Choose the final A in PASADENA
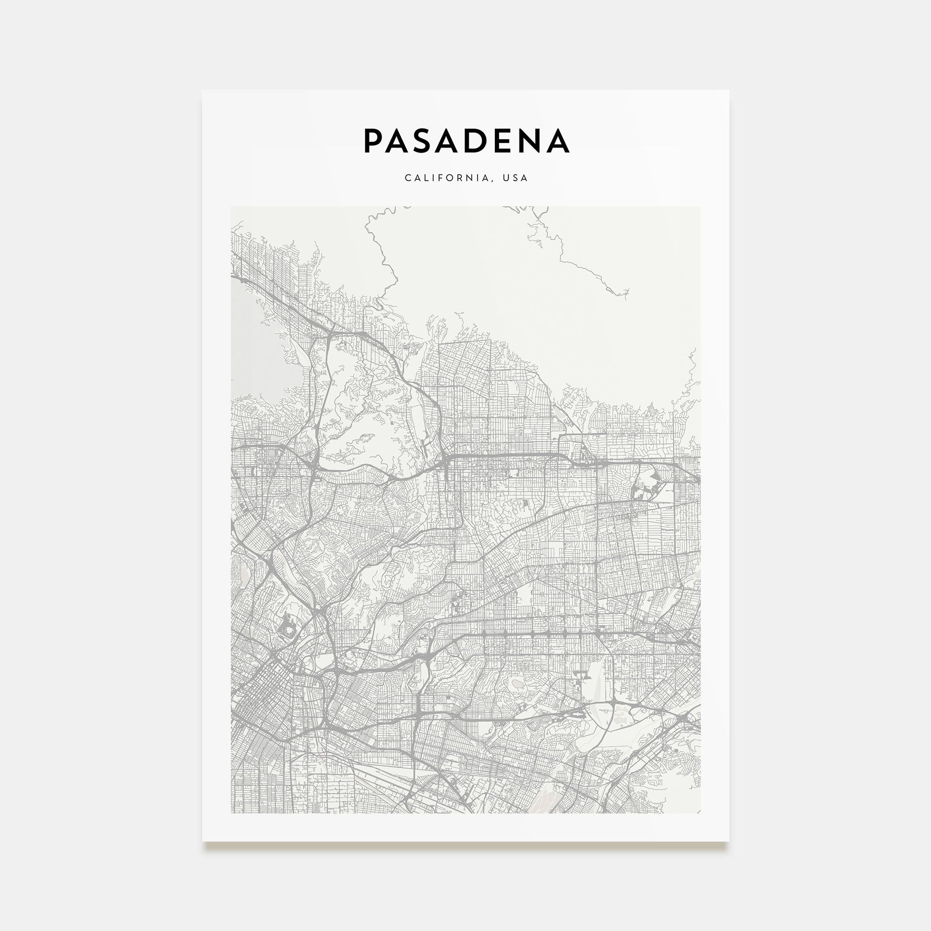[x=558, y=141]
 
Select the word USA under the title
[x=515, y=178]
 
